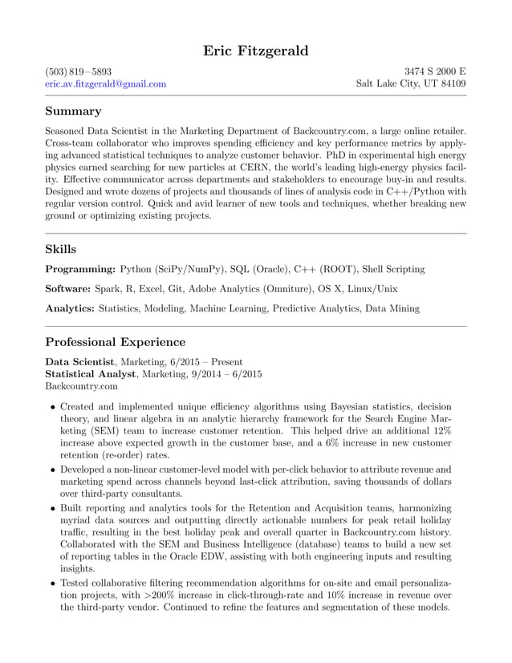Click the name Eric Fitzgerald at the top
coord(255,51)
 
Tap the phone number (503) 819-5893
coord(78,71)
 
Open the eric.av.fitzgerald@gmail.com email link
coord(105,83)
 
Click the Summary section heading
coord(73,111)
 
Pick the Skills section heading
coord(61,250)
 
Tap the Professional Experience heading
coord(115,342)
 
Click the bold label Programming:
coord(80,270)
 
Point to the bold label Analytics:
coord(71,308)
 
